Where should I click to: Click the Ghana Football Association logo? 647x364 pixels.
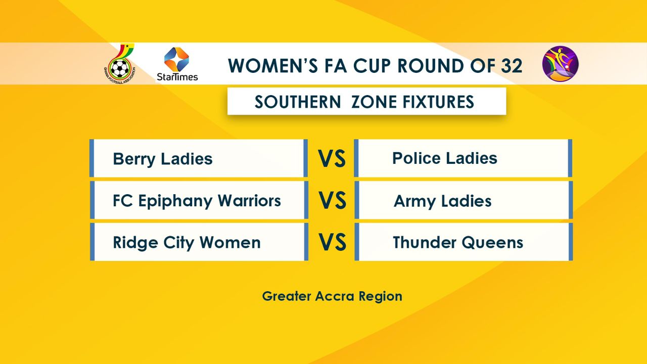pyautogui.click(x=120, y=64)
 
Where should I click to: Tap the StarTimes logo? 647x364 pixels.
pyautogui.click(x=177, y=64)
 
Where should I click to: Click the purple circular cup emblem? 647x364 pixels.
pyautogui.click(x=561, y=64)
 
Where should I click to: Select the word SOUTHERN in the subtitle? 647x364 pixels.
pyautogui.click(x=298, y=102)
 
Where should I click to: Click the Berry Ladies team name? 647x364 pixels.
pyautogui.click(x=163, y=159)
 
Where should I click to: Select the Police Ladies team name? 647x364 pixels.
pyautogui.click(x=444, y=158)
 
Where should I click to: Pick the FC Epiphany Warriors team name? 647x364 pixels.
pyautogui.click(x=197, y=201)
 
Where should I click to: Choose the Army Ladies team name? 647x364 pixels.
pyautogui.click(x=442, y=201)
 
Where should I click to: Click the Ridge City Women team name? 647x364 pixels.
pyautogui.click(x=187, y=242)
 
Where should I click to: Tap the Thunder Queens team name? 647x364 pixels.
pyautogui.click(x=458, y=242)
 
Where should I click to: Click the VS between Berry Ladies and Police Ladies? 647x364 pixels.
pyautogui.click(x=332, y=158)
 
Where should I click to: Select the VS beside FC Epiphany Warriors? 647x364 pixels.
pyautogui.click(x=332, y=200)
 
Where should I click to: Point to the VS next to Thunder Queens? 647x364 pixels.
pyautogui.click(x=332, y=242)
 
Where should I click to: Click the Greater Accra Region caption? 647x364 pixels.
pyautogui.click(x=332, y=297)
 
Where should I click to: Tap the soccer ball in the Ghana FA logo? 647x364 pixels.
pyautogui.click(x=120, y=68)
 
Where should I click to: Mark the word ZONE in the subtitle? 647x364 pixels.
pyautogui.click(x=374, y=102)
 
